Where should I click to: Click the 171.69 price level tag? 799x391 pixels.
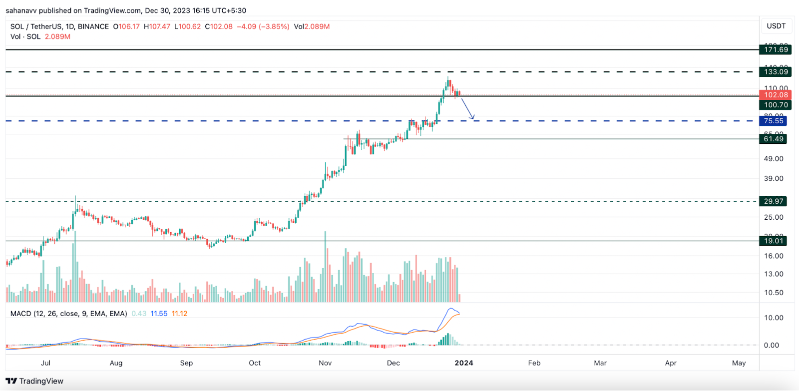(776, 49)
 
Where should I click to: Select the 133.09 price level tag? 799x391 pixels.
(776, 72)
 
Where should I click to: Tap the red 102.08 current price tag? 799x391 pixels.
(776, 95)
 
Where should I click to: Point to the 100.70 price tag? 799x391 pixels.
(776, 105)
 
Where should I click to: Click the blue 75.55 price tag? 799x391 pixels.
(773, 121)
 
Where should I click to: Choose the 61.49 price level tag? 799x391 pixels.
(773, 139)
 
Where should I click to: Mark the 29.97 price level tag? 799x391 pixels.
(773, 201)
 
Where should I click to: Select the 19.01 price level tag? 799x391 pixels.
(773, 241)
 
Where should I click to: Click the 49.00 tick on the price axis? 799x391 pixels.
(774, 159)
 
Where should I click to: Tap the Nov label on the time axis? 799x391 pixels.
(325, 363)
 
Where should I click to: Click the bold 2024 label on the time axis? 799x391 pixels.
(464, 363)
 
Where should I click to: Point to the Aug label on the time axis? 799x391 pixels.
(116, 363)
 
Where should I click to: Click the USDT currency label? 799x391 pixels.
(776, 26)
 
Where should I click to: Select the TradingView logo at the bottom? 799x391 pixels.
(34, 381)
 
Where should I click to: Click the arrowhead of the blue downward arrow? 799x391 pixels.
(472, 118)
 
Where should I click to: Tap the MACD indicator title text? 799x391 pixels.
(69, 314)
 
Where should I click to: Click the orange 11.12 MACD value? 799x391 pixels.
(179, 314)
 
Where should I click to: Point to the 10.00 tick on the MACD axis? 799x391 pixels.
(774, 318)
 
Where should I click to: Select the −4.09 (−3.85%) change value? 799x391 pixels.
(263, 26)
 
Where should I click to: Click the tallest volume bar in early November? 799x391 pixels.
(326, 267)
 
